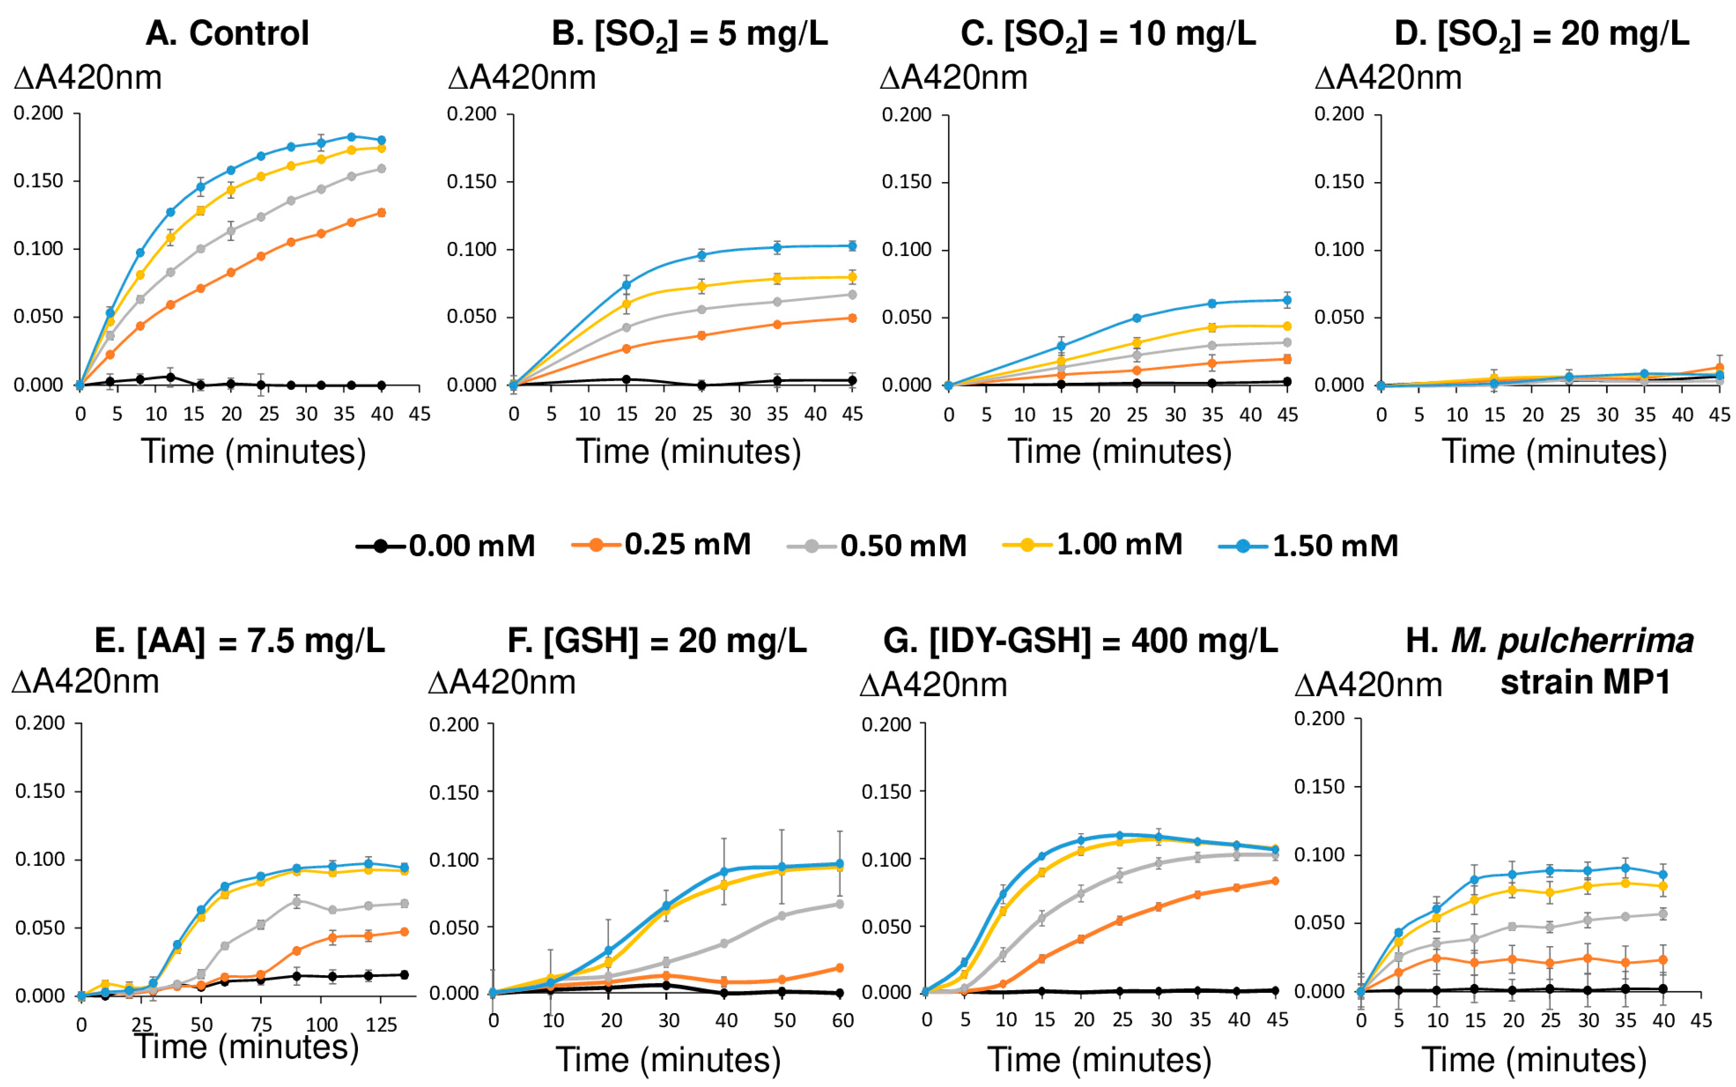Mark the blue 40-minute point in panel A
(382, 140)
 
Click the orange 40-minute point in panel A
(382, 212)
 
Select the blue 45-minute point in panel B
(852, 246)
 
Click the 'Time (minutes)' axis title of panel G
(1099, 1060)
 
